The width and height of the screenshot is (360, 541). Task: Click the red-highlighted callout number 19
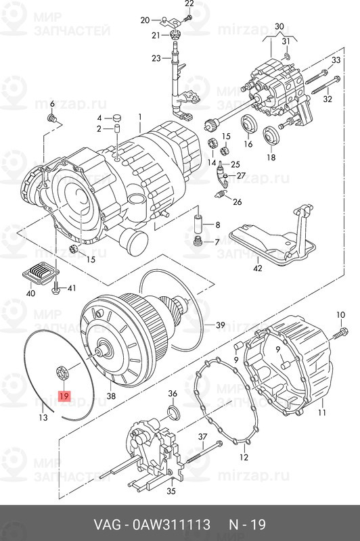pos(64,396)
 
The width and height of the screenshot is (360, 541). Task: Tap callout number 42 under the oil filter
pos(258,268)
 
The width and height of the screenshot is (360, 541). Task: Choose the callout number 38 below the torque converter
pos(111,396)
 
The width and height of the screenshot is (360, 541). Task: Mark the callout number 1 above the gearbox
pos(140,117)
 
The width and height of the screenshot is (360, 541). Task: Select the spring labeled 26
pos(221,195)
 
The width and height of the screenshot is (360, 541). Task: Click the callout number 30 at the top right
pos(279,26)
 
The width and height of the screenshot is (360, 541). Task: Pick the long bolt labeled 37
pos(204,452)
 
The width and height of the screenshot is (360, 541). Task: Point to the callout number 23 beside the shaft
pos(156,58)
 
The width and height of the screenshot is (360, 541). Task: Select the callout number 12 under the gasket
pos(244,457)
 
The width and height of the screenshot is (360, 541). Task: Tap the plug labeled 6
pos(53,119)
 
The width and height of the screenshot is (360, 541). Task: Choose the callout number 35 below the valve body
pos(171,491)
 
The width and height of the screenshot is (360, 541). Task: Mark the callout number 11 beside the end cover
pos(322,412)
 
